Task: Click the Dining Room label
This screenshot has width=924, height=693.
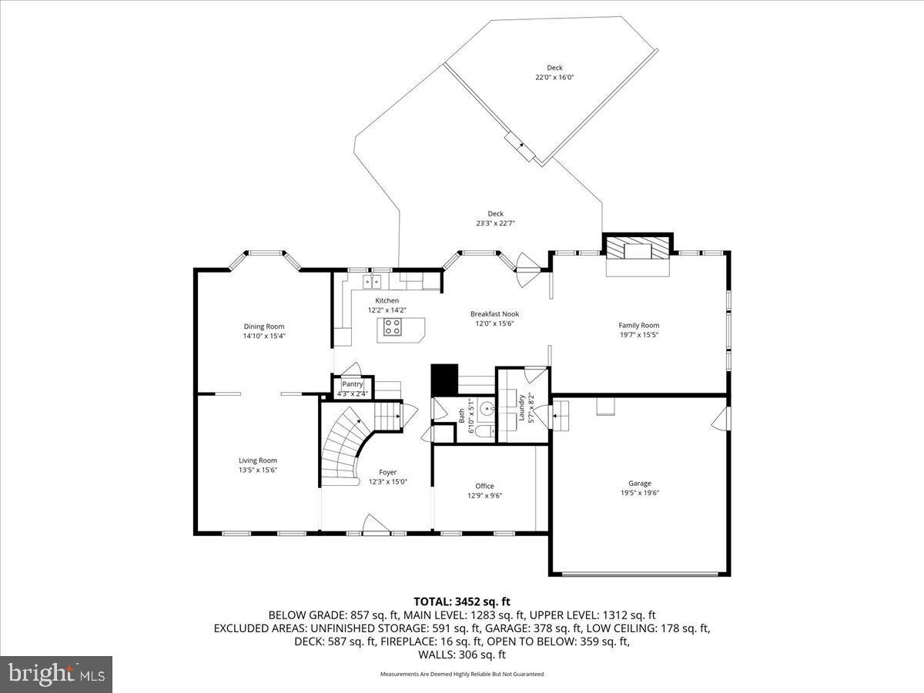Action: (x=264, y=326)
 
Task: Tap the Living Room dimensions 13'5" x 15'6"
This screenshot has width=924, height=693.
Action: (x=257, y=470)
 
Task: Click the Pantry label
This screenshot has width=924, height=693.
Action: (x=352, y=384)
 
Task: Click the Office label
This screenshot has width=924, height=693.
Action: (x=484, y=486)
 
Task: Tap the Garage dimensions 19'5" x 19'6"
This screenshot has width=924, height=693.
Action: (x=639, y=493)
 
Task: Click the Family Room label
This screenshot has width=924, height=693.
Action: (x=639, y=325)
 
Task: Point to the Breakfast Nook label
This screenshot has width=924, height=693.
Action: (x=494, y=314)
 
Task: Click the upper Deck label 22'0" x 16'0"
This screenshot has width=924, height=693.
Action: (x=554, y=68)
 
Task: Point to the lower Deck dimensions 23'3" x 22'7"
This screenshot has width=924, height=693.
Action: (x=495, y=223)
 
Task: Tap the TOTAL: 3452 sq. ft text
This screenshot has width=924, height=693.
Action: (x=462, y=601)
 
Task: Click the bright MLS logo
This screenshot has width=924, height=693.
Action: (x=56, y=675)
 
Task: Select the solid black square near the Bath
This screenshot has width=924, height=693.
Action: (x=444, y=379)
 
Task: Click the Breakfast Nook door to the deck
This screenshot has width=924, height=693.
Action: (x=525, y=270)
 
